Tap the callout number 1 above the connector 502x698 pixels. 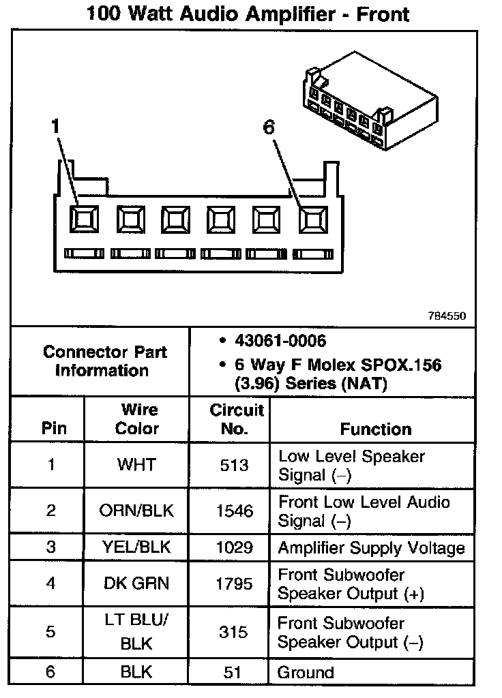(x=55, y=126)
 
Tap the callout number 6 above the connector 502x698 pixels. (x=269, y=127)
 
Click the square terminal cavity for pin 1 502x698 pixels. (x=85, y=218)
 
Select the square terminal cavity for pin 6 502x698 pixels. (x=312, y=219)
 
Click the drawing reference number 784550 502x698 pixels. (x=447, y=316)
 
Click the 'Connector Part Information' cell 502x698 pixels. (x=104, y=361)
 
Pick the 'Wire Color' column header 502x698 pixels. (x=138, y=419)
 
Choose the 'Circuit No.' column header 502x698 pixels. (x=236, y=419)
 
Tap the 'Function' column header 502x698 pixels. (x=376, y=429)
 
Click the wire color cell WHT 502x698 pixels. (x=136, y=465)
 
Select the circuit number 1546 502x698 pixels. (x=233, y=511)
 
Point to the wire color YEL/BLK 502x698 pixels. (x=136, y=547)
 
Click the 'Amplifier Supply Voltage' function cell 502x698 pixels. (x=371, y=547)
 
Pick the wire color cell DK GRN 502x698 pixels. (x=136, y=583)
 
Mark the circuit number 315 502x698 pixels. (x=233, y=632)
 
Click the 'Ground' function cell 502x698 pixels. (x=306, y=673)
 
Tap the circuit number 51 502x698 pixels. (x=233, y=673)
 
